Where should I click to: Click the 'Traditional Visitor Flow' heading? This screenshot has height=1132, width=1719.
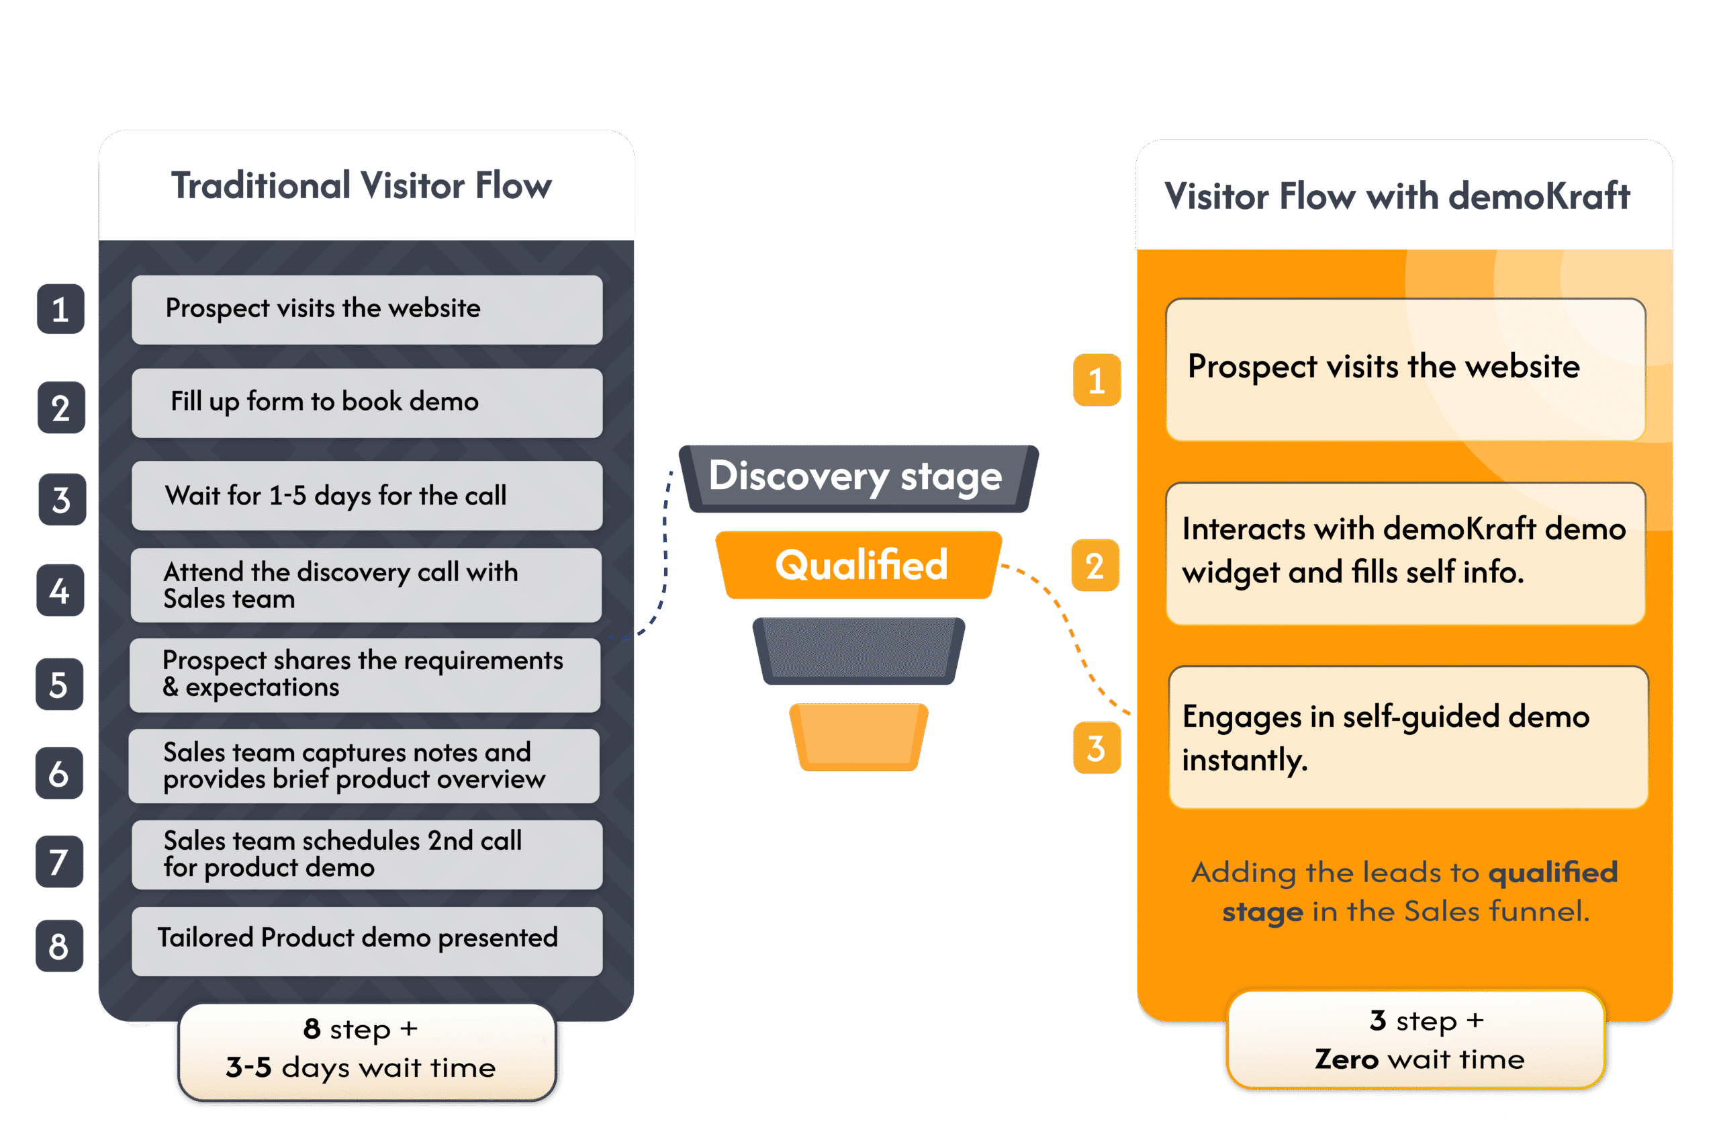coord(361,186)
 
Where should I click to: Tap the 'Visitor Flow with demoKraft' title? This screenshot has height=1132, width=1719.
coord(1397,196)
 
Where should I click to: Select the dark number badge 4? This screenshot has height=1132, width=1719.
coord(60,591)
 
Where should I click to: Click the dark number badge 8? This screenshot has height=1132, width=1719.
coord(59,946)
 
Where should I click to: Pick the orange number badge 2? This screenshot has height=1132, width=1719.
coord(1096,566)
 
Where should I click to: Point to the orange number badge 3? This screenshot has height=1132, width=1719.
coord(1097,748)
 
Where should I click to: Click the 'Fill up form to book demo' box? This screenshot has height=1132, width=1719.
coord(367,402)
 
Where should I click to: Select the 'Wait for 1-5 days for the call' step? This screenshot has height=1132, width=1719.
coord(367,496)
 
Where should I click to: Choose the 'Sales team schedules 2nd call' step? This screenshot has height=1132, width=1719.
coord(367,854)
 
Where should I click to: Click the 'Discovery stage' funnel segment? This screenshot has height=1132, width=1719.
coord(857,478)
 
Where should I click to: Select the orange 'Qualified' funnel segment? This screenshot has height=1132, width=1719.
coord(859,565)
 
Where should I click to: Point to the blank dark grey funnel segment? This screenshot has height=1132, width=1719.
coord(858,650)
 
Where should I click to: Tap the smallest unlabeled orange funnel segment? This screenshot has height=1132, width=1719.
coord(859,736)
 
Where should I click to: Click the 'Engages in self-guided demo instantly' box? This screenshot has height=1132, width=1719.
coord(1407,738)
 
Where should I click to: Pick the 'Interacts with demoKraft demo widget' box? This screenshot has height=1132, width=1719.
coord(1405,554)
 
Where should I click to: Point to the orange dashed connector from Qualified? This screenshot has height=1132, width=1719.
coord(1069,629)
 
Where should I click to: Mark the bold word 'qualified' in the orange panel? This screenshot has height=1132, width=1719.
coord(1553,873)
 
